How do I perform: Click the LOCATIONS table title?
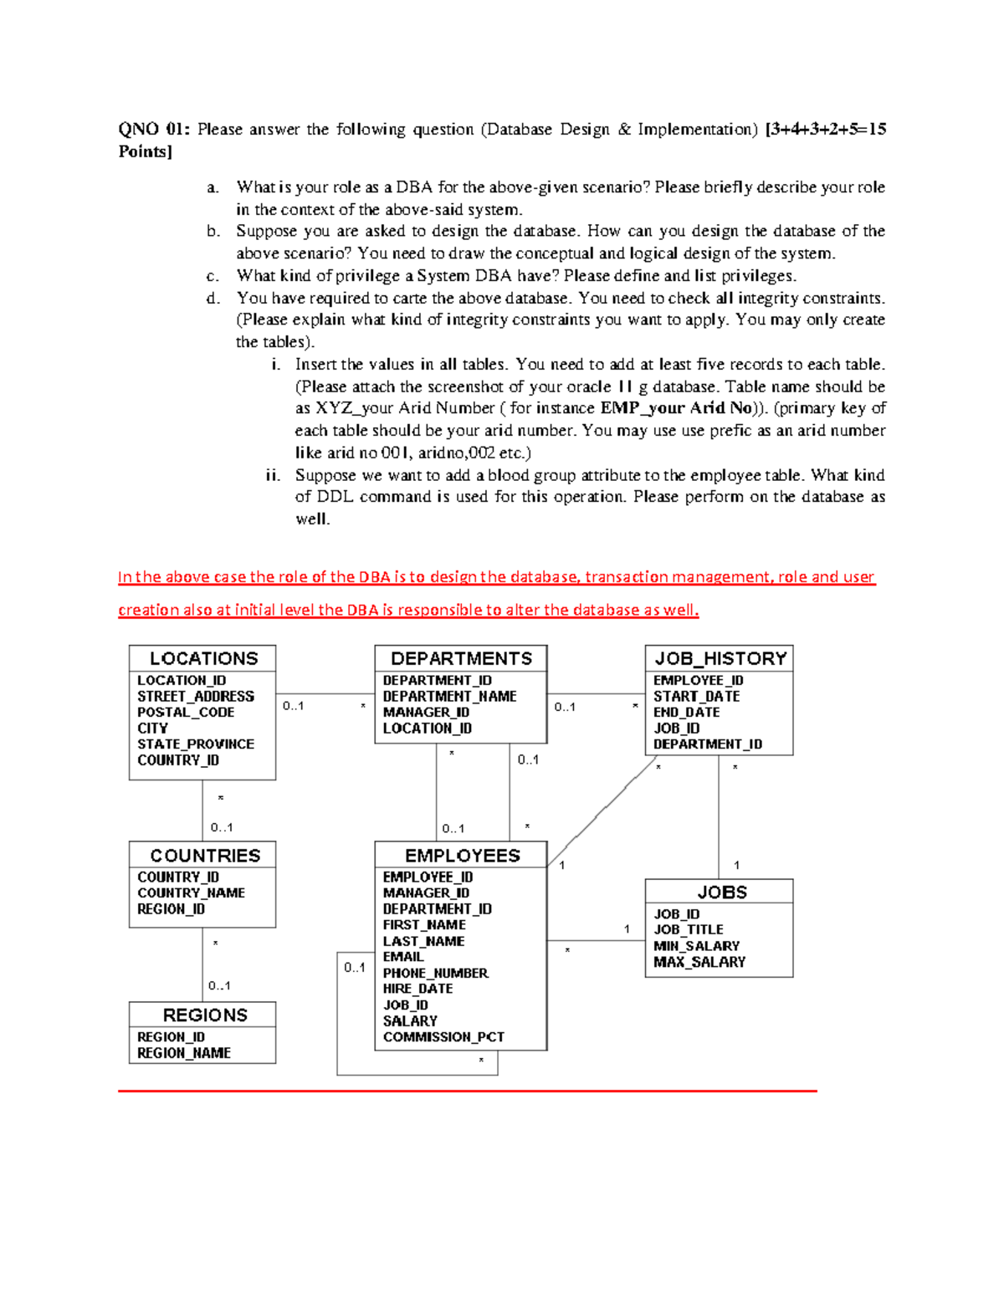(x=203, y=658)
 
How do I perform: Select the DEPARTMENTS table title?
(x=461, y=658)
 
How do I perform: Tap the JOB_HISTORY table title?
(x=720, y=658)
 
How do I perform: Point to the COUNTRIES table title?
(x=205, y=855)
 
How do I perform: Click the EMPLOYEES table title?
(x=462, y=855)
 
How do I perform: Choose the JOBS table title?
(x=721, y=892)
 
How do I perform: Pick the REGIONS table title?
(x=205, y=1015)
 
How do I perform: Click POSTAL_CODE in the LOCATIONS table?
(x=186, y=712)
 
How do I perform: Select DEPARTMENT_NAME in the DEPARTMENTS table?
(x=449, y=696)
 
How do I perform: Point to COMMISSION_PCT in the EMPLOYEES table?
(x=443, y=1036)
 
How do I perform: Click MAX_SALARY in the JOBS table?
(x=699, y=962)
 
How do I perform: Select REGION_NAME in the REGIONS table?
(x=184, y=1053)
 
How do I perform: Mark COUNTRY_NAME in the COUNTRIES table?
(x=191, y=892)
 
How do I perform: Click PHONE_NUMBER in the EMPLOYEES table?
(x=435, y=973)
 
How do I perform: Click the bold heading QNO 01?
(x=154, y=129)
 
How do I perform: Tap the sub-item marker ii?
(x=273, y=475)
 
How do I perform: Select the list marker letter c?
(x=213, y=276)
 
